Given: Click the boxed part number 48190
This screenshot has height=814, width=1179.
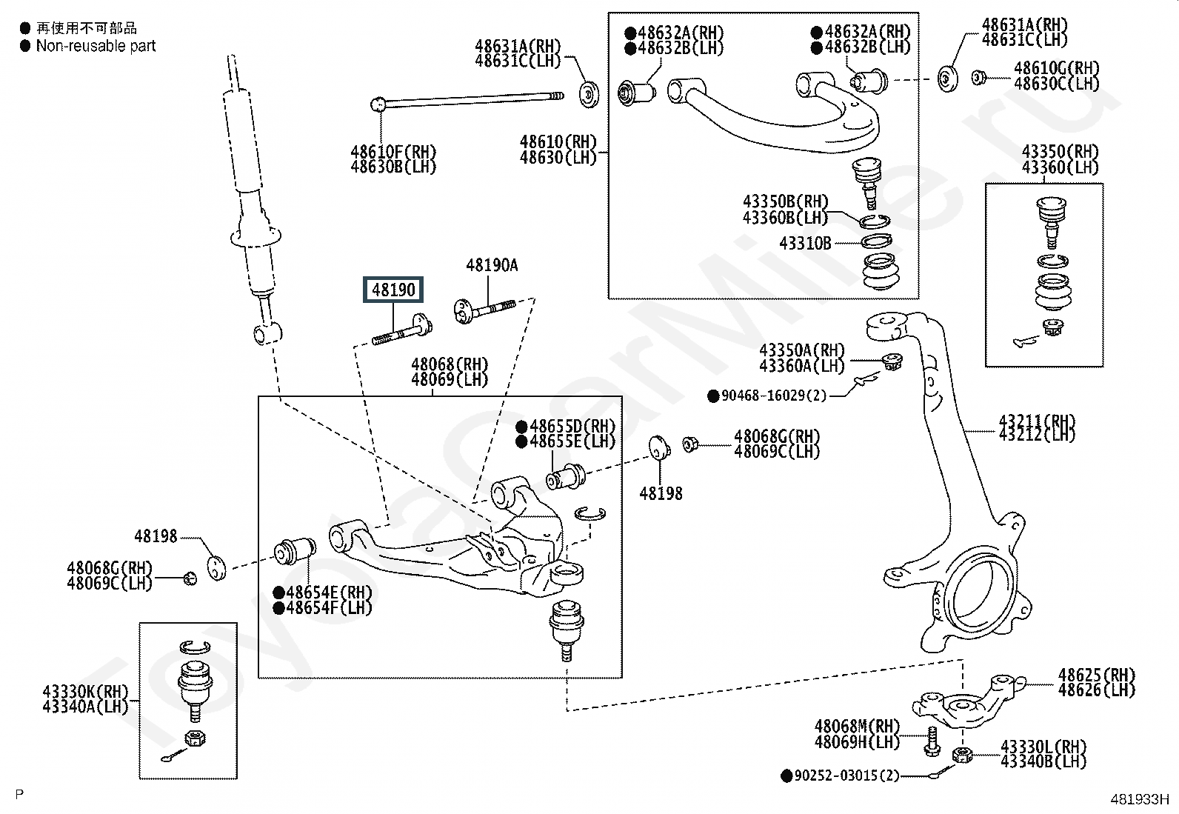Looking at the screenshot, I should (393, 290).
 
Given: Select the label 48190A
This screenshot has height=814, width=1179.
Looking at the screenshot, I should (492, 265).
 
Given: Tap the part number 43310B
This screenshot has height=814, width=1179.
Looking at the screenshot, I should (805, 243).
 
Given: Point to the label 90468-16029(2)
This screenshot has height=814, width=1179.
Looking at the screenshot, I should (773, 396).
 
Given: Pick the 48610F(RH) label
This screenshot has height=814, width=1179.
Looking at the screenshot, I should (393, 152).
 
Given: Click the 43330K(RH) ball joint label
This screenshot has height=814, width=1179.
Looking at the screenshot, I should (85, 692).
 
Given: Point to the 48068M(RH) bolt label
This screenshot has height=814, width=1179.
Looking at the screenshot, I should (857, 727).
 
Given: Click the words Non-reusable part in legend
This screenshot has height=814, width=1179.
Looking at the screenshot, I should (96, 46).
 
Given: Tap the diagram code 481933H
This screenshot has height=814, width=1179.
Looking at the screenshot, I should (1138, 799).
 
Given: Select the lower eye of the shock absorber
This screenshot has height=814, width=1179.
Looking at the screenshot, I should (264, 333).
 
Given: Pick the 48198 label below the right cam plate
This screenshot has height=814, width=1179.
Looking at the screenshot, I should (661, 493).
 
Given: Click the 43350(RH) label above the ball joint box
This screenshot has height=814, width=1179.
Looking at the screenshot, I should (1060, 151).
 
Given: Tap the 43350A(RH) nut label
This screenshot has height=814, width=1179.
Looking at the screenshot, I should (802, 350).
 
